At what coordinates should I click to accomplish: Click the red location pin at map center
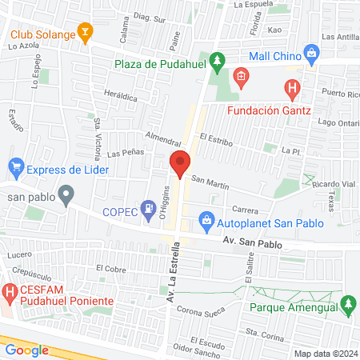(180, 163)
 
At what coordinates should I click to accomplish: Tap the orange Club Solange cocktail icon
(85, 33)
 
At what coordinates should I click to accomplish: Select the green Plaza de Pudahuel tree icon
(217, 62)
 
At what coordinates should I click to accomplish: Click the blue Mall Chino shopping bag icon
(312, 55)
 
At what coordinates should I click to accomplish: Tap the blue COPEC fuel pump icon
(148, 210)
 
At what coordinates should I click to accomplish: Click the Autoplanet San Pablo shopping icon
(206, 218)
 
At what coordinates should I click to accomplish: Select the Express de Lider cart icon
(15, 168)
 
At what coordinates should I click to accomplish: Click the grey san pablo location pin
(67, 194)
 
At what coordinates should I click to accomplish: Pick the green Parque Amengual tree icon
(347, 304)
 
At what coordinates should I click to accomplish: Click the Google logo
(26, 350)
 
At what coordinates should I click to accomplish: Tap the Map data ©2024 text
(325, 354)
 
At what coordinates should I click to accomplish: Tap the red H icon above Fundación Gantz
(294, 87)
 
